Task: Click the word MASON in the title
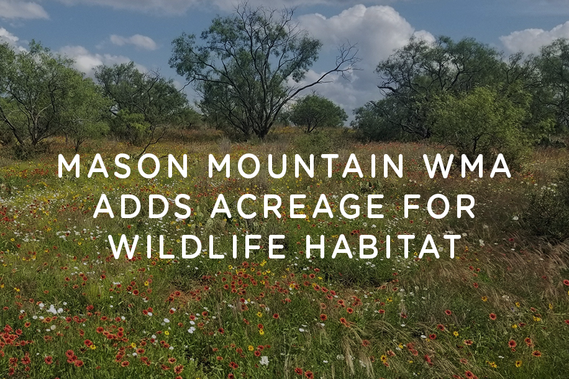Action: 123,166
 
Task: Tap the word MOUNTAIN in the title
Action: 306,166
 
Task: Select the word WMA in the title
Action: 467,166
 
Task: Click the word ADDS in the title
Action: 143,206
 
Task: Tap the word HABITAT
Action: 383,247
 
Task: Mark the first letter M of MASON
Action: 69,166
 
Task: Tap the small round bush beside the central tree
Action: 316,113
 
